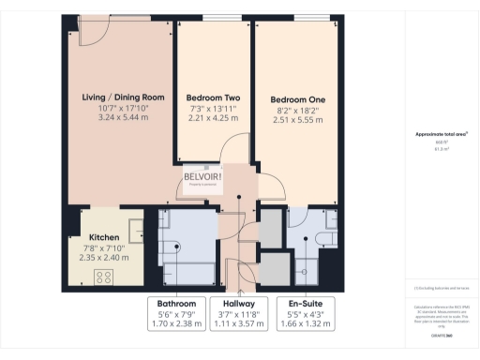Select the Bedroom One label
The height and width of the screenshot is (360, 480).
(x=297, y=98)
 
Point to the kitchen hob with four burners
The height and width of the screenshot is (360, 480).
(x=104, y=276)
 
